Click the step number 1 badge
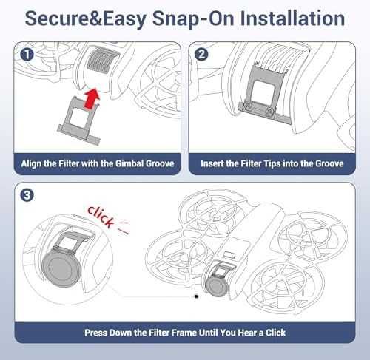[27, 55]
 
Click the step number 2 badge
[201, 54]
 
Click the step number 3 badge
[27, 195]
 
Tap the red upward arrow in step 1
[92, 98]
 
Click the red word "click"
[101, 216]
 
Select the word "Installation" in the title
[292, 18]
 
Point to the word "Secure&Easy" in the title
[85, 19]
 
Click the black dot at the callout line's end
[196, 296]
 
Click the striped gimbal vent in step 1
[102, 61]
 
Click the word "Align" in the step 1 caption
[30, 163]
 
